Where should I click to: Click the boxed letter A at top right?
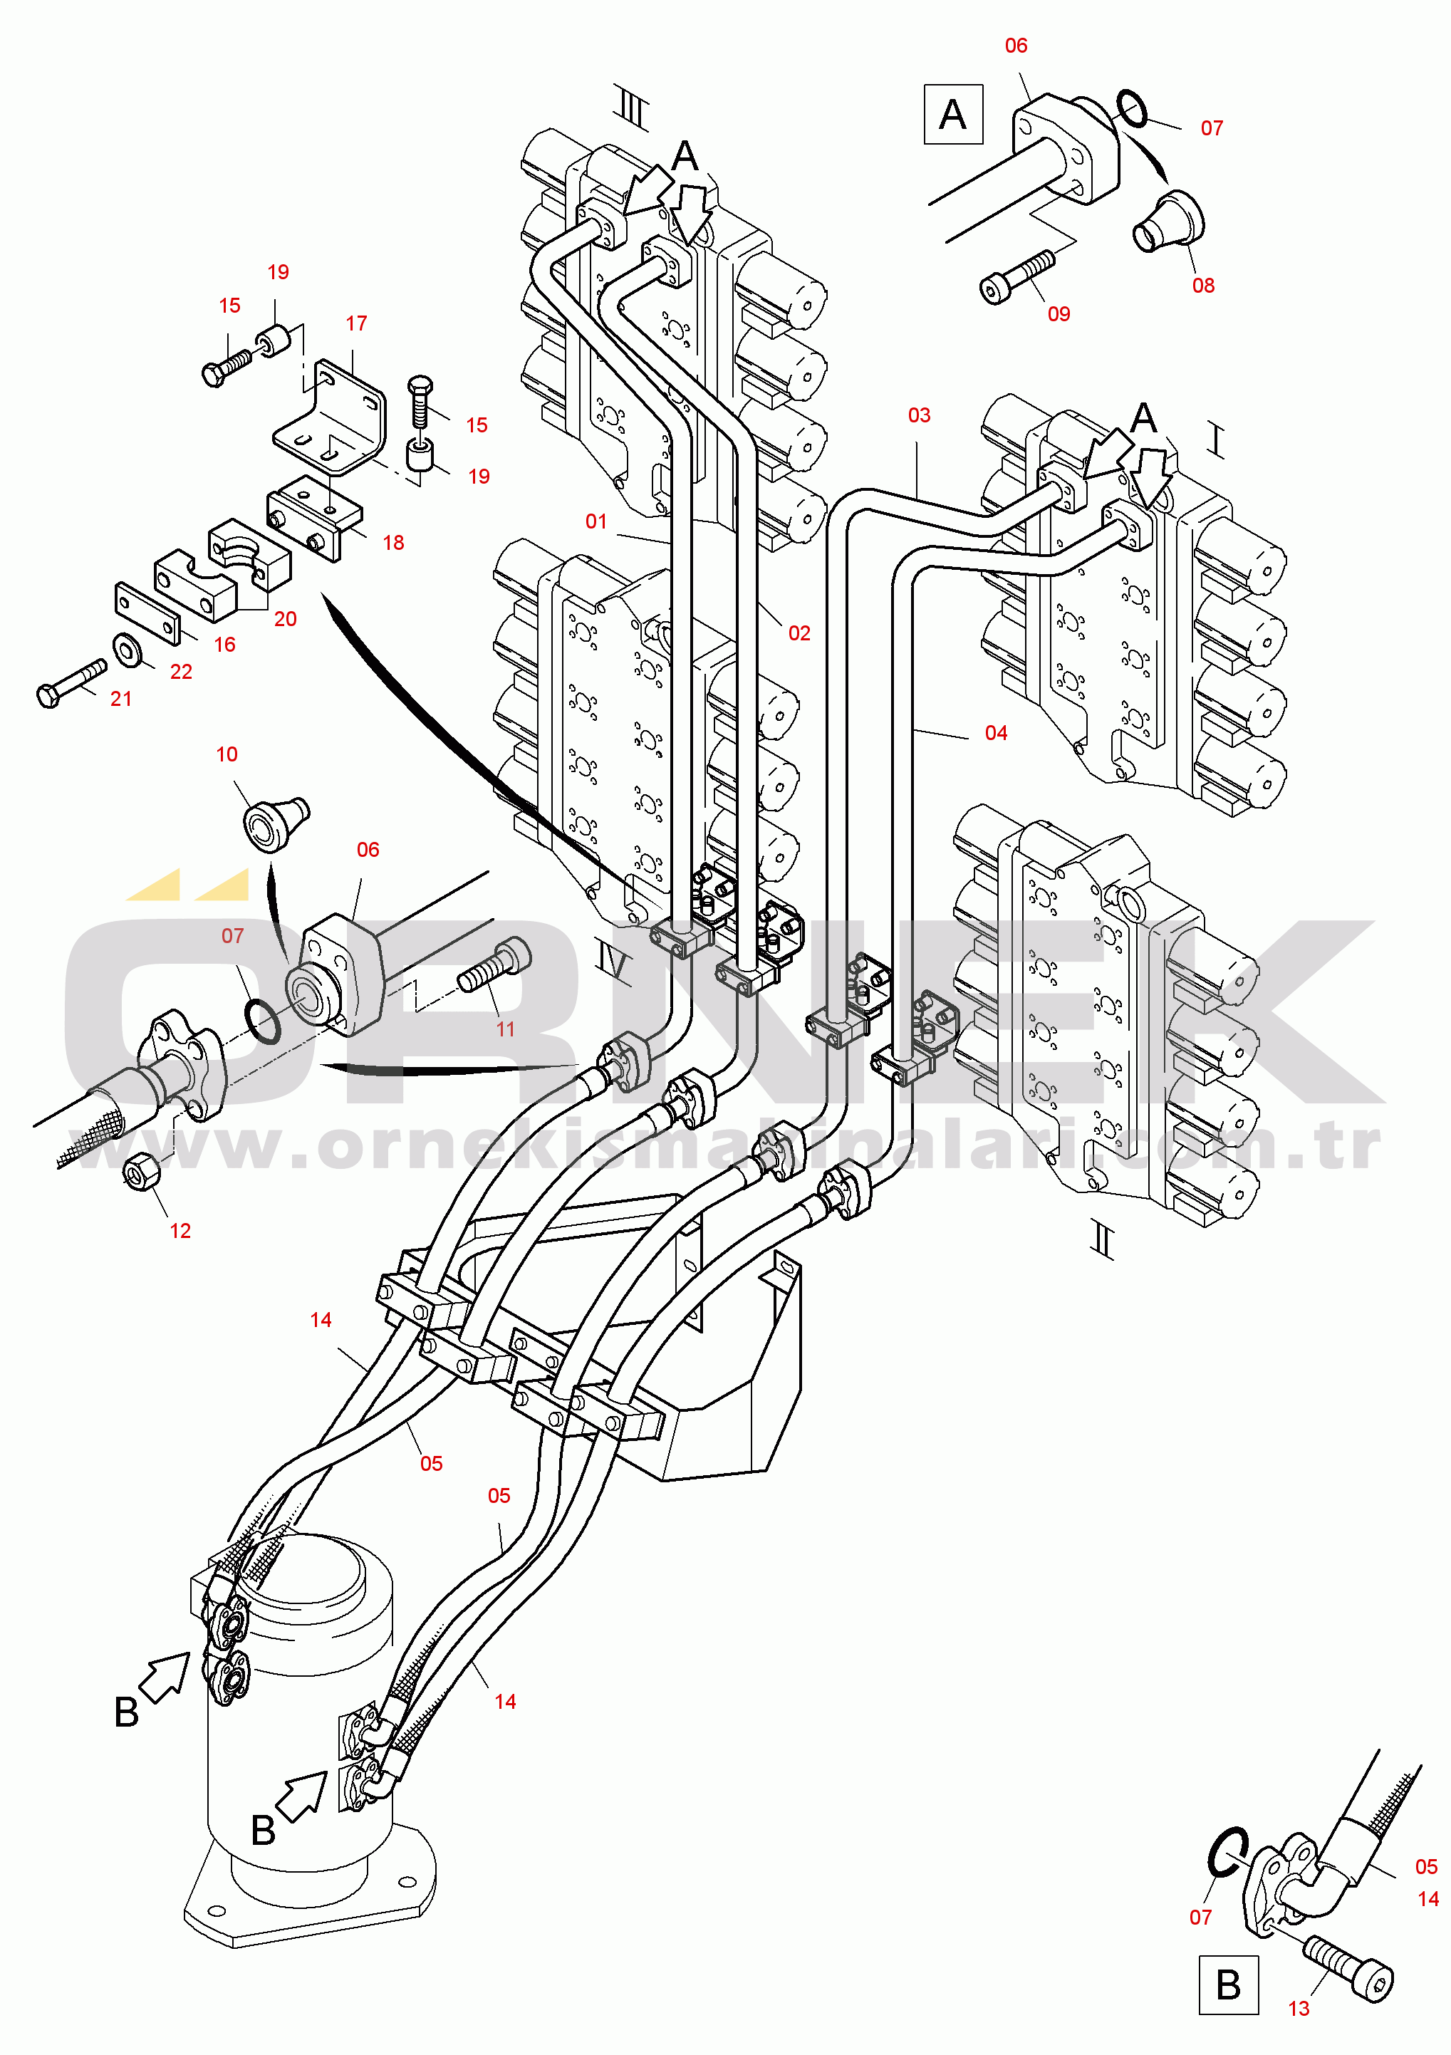[953, 115]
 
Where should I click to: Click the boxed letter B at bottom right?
[1228, 1984]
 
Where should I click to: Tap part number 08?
[1203, 286]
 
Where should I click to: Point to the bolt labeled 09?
[1018, 276]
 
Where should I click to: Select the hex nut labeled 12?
[142, 1171]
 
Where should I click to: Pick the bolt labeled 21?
[72, 683]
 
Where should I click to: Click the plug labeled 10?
[276, 821]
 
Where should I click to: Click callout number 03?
[920, 415]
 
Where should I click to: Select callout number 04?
[997, 733]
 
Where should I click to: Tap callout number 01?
[596, 521]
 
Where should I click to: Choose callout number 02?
[799, 633]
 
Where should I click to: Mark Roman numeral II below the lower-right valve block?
[1103, 1239]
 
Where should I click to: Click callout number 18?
[393, 542]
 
